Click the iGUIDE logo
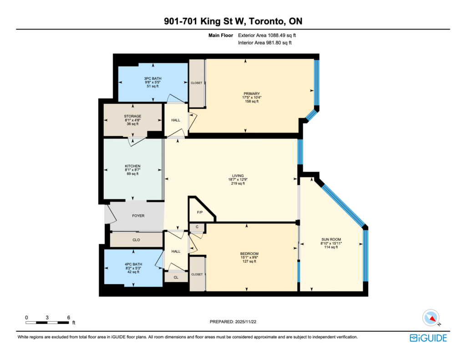pos(428,338)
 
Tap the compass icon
pos(431,318)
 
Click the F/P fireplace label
pos(200,212)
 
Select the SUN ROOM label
pos(331,239)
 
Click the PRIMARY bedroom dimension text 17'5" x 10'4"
pos(252,97)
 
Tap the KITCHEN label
pos(132,166)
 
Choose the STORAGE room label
pos(132,116)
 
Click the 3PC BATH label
pos(153,78)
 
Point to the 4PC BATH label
pos(133,264)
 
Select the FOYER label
pos(138,216)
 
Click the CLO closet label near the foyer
pos(136,240)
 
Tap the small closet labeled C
pos(197,227)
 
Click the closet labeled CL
pos(176,277)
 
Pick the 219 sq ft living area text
pos(238,183)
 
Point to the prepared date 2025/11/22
pos(246,322)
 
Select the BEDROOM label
pos(249,254)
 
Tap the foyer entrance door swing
pos(111,213)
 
